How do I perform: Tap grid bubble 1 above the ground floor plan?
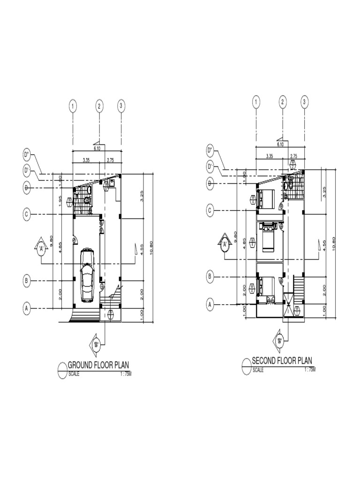(x=73, y=106)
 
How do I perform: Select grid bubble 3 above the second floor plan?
(x=304, y=102)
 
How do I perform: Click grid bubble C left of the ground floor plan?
(x=27, y=215)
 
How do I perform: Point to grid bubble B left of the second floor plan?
(x=210, y=277)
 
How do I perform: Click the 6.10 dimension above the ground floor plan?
(x=97, y=148)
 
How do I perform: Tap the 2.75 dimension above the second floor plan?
(x=294, y=156)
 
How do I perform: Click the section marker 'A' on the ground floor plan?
(x=42, y=247)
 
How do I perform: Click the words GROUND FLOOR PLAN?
(x=98, y=365)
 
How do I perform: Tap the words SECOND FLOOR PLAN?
(x=282, y=360)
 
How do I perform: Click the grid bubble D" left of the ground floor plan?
(x=27, y=154)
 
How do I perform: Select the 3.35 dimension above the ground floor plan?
(x=86, y=160)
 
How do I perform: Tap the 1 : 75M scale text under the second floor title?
(x=309, y=370)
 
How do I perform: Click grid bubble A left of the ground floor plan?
(x=27, y=308)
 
